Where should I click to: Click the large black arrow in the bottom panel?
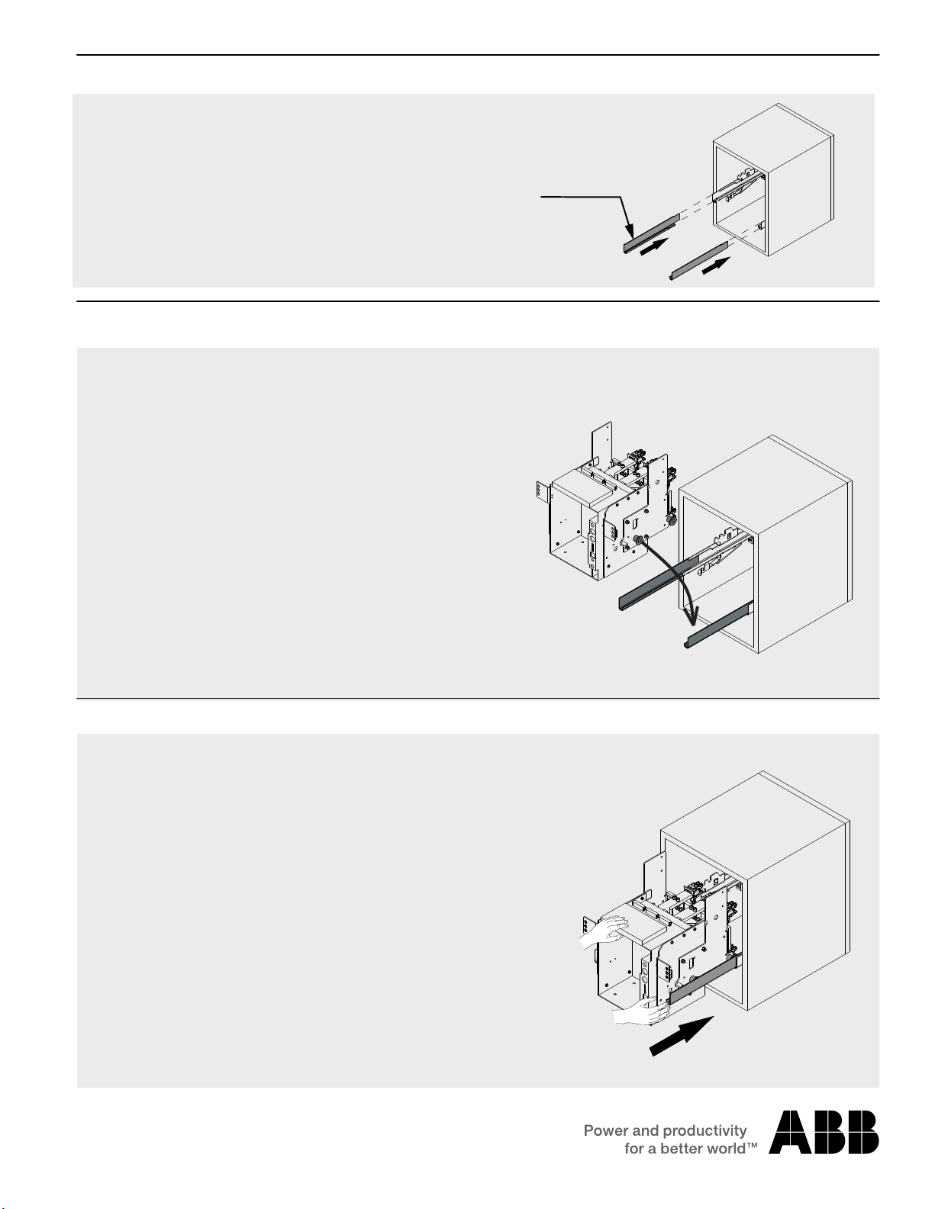pos(682,1035)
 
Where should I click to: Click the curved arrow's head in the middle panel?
pos(694,616)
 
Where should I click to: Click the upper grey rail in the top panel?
pos(651,233)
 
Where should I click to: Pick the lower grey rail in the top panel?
pos(698,261)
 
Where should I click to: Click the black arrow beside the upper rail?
pos(655,246)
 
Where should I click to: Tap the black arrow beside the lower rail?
pos(717,266)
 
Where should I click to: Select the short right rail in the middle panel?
pos(718,626)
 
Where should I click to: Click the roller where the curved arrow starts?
pos(638,540)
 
